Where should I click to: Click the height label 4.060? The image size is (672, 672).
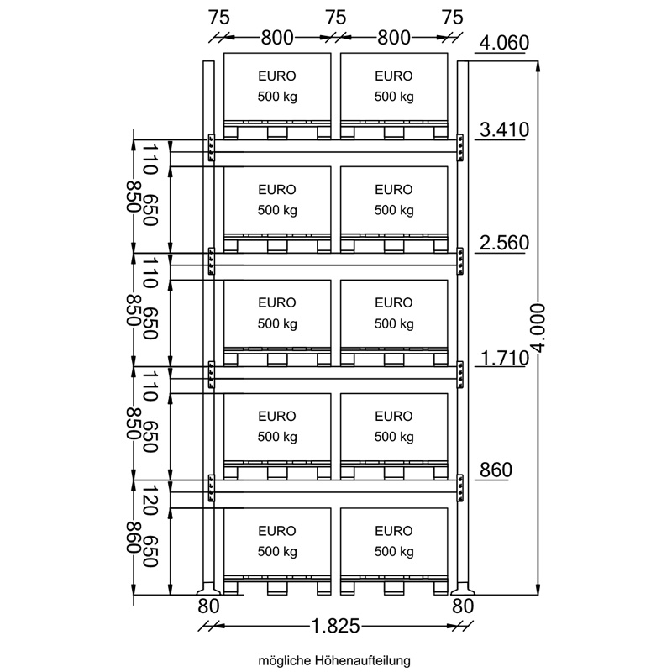pyautogui.click(x=504, y=43)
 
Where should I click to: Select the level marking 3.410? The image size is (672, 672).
pyautogui.click(x=504, y=129)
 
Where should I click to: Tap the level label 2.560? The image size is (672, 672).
pyautogui.click(x=504, y=243)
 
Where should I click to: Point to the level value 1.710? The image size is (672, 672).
pyautogui.click(x=504, y=358)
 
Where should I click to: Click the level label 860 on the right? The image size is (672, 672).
pyautogui.click(x=496, y=470)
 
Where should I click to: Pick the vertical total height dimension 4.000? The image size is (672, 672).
pyautogui.click(x=538, y=328)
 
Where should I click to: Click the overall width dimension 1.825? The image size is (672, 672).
pyautogui.click(x=334, y=627)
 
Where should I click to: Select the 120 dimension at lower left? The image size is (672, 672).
pyautogui.click(x=150, y=500)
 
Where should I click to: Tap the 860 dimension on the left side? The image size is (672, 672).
pyautogui.click(x=134, y=538)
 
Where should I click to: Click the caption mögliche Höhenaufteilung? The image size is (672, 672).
pyautogui.click(x=334, y=660)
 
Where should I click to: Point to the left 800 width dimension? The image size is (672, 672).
pyautogui.click(x=277, y=38)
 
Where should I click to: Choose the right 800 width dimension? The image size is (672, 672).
pyautogui.click(x=394, y=38)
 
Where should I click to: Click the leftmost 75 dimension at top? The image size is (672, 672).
pyautogui.click(x=219, y=18)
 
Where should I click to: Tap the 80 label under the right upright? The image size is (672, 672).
pyautogui.click(x=463, y=606)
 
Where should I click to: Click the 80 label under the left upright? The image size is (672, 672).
pyautogui.click(x=208, y=606)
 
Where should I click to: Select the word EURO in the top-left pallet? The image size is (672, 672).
pyautogui.click(x=277, y=76)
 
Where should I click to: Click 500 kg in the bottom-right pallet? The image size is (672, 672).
pyautogui.click(x=394, y=552)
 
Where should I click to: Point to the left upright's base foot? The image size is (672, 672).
pyautogui.click(x=208, y=589)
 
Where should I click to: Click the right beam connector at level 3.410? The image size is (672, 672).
pyautogui.click(x=460, y=148)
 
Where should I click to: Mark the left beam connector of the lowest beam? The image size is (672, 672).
pyautogui.click(x=212, y=488)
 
